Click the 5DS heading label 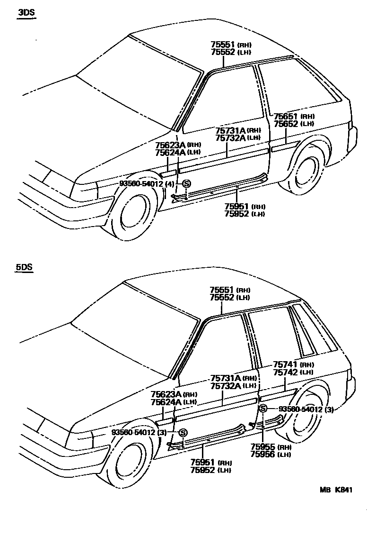tap(24, 267)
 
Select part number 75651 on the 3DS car tap(286, 116)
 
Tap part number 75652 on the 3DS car tap(286, 124)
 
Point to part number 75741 tap(285, 364)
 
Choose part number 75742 tap(285, 372)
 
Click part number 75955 tap(263, 446)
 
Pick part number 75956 tap(263, 454)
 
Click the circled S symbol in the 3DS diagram tap(186, 184)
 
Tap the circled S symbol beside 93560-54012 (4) tap(186, 184)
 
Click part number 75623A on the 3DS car tap(170, 145)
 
